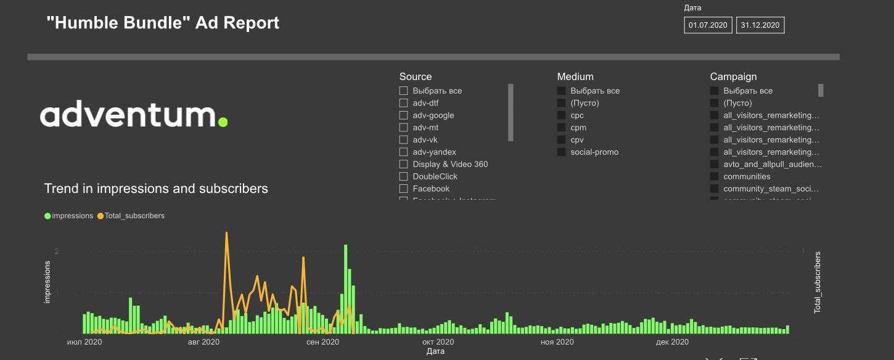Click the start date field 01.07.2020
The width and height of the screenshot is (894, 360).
point(708,25)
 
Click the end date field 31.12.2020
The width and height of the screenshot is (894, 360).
point(760,25)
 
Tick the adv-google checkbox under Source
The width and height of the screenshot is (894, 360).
point(404,115)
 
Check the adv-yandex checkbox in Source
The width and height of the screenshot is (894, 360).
point(404,152)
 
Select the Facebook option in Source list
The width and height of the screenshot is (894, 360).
point(431,189)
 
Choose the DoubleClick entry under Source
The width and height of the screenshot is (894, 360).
point(435,176)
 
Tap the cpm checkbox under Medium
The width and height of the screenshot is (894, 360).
point(562,128)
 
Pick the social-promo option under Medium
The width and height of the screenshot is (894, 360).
point(594,152)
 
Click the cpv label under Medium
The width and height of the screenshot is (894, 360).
point(577,140)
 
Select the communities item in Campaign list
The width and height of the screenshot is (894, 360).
point(747,176)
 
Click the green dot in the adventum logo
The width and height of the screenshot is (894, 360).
point(223,121)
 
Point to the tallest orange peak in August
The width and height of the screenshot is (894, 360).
point(226,233)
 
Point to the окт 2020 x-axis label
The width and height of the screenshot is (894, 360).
point(438,342)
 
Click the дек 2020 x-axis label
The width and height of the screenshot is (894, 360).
point(672,342)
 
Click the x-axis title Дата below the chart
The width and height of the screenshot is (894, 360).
point(435,351)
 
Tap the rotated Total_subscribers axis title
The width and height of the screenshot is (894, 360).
point(818,282)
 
